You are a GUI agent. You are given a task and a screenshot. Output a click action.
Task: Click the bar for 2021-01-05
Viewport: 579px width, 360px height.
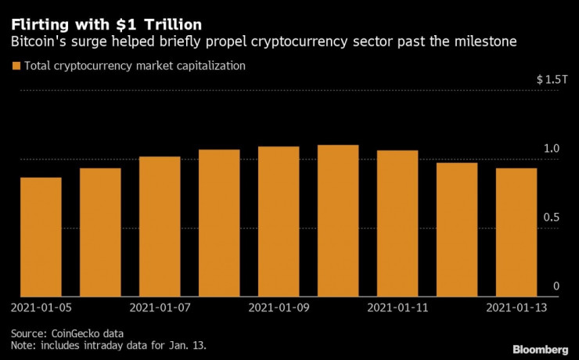pyautogui.click(x=41, y=236)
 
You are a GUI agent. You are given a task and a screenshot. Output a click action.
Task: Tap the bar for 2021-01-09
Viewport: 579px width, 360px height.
pyautogui.click(x=279, y=221)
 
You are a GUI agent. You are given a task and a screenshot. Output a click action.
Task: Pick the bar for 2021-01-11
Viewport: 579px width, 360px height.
pyautogui.click(x=397, y=223)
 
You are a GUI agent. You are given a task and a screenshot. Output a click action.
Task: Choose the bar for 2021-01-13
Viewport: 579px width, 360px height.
pyautogui.click(x=516, y=232)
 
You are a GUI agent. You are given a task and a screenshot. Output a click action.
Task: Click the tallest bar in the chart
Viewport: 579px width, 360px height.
pyautogui.click(x=338, y=220)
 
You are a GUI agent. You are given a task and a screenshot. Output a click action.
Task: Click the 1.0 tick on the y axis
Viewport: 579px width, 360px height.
pyautogui.click(x=551, y=149)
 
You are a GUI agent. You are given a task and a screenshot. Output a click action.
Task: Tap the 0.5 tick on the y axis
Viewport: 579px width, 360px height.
pyautogui.click(x=551, y=217)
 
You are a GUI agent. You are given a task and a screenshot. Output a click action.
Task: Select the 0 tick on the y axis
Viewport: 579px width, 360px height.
pyautogui.click(x=556, y=286)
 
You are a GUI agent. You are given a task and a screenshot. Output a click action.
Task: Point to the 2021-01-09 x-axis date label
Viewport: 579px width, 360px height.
pyautogui.click(x=279, y=308)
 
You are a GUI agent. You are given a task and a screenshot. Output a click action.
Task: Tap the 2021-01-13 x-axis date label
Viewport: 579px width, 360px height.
pyautogui.click(x=516, y=308)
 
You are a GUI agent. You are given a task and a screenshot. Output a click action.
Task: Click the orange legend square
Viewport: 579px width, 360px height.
pyautogui.click(x=16, y=67)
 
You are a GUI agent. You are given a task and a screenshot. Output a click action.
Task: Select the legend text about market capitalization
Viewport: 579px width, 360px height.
pyautogui.click(x=135, y=67)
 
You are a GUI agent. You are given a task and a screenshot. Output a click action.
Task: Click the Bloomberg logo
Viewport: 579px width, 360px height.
pyautogui.click(x=541, y=347)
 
